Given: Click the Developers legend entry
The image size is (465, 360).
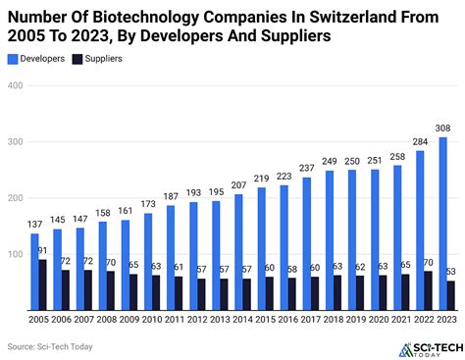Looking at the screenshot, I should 45,58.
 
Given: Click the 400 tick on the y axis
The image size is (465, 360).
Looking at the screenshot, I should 16,85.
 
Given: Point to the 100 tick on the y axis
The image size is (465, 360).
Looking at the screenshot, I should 16,254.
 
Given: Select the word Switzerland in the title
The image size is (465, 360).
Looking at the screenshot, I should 333,15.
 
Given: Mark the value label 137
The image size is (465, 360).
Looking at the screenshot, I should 35,224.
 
